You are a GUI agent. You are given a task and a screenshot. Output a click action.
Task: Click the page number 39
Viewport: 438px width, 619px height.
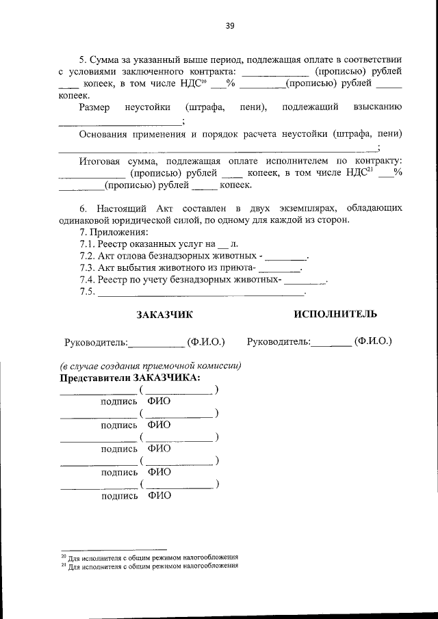(230, 26)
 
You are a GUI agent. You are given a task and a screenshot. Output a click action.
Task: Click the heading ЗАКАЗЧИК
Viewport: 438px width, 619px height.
(164, 314)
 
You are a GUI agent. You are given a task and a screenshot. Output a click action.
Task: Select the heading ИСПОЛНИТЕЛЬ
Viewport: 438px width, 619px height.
(335, 314)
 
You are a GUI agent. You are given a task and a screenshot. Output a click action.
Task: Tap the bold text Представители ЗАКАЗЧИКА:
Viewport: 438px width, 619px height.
(130, 378)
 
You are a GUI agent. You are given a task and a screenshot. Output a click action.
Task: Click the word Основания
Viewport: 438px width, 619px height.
(104, 133)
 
